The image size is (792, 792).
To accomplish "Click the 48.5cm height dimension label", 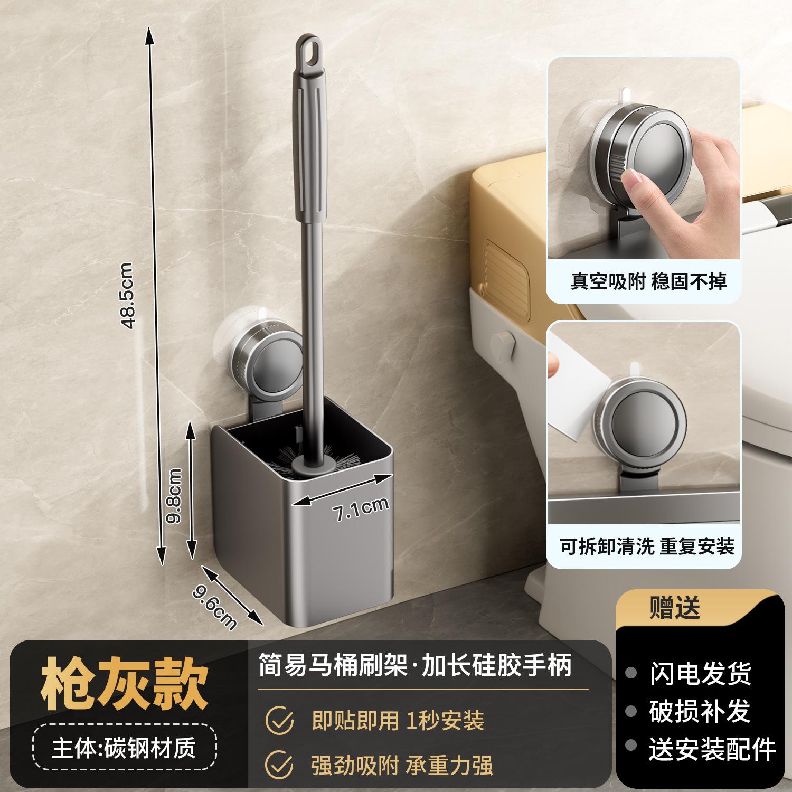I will [x=128, y=297].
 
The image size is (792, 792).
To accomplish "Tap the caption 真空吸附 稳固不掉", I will [x=648, y=281].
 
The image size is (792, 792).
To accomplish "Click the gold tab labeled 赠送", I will [x=675, y=608].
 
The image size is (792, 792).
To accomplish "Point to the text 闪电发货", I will [x=700, y=673].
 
